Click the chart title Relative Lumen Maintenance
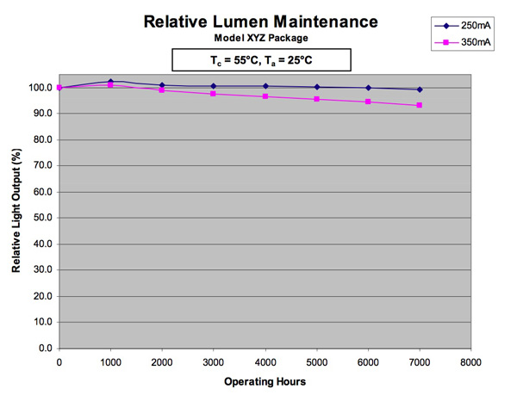coord(262,21)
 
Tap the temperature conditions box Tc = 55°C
coord(262,59)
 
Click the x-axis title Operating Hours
coord(264,381)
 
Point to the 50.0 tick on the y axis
coord(41,218)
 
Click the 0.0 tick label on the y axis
coord(44,349)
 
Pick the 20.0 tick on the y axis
coord(41,296)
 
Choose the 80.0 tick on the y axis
coord(41,139)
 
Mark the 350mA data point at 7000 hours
coord(420,105)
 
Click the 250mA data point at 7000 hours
coord(420,89)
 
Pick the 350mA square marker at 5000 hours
coord(316,99)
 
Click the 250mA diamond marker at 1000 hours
coord(110,82)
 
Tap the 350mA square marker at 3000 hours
coord(213,93)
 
